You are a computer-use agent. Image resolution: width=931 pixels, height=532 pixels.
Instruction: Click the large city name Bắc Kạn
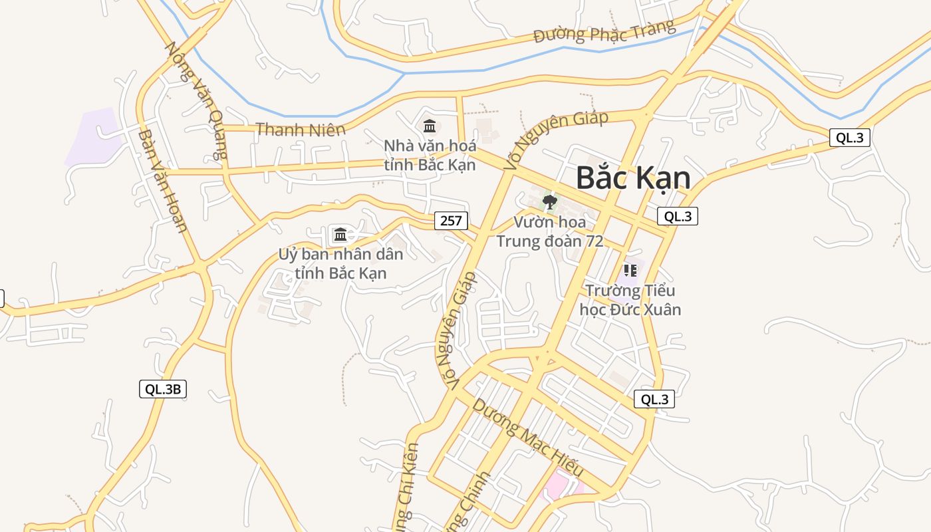pos(632,178)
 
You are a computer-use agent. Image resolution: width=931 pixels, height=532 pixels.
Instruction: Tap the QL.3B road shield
pos(163,389)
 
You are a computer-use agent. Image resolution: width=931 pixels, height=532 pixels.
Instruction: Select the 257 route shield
pos(451,221)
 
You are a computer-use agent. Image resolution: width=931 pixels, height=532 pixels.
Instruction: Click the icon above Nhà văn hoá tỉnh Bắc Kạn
pos(430,125)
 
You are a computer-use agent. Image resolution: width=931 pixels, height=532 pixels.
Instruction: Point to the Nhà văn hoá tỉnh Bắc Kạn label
pos(430,154)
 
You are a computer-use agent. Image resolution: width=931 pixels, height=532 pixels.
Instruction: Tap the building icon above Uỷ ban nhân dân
pos(340,234)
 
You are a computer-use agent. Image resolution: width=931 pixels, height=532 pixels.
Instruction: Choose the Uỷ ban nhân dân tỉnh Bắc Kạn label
pos(340,263)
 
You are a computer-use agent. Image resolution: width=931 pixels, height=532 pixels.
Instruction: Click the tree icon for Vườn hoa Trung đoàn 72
pos(549,201)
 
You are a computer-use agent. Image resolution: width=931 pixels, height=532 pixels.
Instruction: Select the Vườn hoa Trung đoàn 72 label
pos(549,231)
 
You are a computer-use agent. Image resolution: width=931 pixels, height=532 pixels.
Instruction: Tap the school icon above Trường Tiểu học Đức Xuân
pos(630,271)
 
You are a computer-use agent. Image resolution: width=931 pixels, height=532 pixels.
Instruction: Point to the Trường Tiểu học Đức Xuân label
pos(630,300)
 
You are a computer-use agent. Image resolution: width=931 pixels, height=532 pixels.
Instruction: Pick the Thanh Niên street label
pos(301,130)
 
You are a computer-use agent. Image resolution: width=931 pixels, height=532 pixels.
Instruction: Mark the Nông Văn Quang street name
pos(197,100)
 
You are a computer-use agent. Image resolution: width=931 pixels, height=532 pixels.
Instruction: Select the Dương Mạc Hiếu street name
pos(527,438)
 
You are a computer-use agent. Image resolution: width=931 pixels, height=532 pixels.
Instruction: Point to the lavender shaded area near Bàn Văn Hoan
pos(93,136)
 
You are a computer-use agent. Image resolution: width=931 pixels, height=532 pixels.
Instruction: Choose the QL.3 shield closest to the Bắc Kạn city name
pos(677,216)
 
